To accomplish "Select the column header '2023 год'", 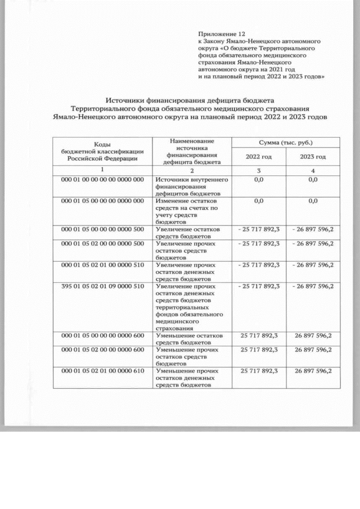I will point(313,157).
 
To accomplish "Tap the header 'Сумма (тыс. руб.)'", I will point(286,143).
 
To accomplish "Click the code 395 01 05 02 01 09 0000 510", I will point(102,286).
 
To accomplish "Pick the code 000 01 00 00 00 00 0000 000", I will point(102,179).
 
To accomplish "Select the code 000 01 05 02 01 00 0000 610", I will point(102,371).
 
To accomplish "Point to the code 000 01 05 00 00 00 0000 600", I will point(102,336).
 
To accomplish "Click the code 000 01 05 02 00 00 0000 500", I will point(102,244).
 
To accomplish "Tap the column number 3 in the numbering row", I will point(258,170).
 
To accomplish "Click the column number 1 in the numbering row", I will point(102,170).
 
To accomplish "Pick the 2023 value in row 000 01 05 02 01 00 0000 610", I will point(313,371).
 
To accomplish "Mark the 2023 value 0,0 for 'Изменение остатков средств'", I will point(313,201).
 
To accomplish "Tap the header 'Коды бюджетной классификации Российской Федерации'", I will point(102,151).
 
